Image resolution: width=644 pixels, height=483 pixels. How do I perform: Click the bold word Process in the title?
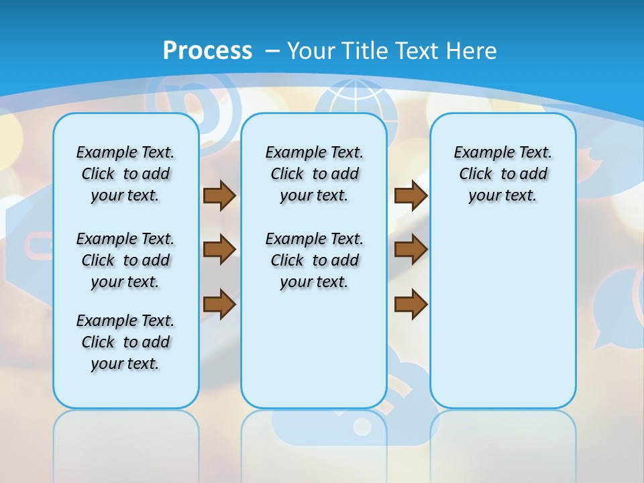207,50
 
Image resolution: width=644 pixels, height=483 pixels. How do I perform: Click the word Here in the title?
474,51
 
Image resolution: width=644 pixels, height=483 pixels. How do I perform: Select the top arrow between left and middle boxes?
219,195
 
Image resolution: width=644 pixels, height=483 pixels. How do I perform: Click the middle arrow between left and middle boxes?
219,250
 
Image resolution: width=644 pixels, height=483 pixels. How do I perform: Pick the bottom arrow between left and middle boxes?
219,304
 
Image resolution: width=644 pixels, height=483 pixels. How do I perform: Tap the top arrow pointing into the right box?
411,195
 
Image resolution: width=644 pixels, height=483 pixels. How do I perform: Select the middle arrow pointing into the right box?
411,250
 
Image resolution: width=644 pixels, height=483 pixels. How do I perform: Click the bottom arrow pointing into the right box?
411,304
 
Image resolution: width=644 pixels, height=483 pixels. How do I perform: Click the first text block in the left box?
125,174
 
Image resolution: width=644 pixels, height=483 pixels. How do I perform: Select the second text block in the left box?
125,260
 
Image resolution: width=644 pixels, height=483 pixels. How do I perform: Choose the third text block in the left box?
125,342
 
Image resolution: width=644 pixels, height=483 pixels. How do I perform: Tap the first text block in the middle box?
314,174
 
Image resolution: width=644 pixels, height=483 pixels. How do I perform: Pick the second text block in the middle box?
314,260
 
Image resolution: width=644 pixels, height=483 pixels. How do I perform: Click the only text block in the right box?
502,174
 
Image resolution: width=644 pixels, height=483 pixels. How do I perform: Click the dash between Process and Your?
272,51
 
